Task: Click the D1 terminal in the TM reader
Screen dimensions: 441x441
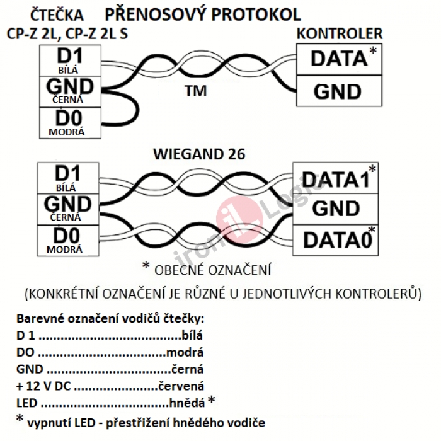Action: point(69,60)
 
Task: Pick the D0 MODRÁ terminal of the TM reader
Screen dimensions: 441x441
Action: point(69,122)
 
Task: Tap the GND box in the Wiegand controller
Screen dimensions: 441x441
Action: point(336,209)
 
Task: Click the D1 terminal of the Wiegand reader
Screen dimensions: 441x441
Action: point(69,177)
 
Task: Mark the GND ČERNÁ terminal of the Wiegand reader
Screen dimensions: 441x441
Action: point(69,207)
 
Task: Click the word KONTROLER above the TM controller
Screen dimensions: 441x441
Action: point(340,34)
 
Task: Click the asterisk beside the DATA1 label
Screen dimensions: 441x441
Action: point(372,169)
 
